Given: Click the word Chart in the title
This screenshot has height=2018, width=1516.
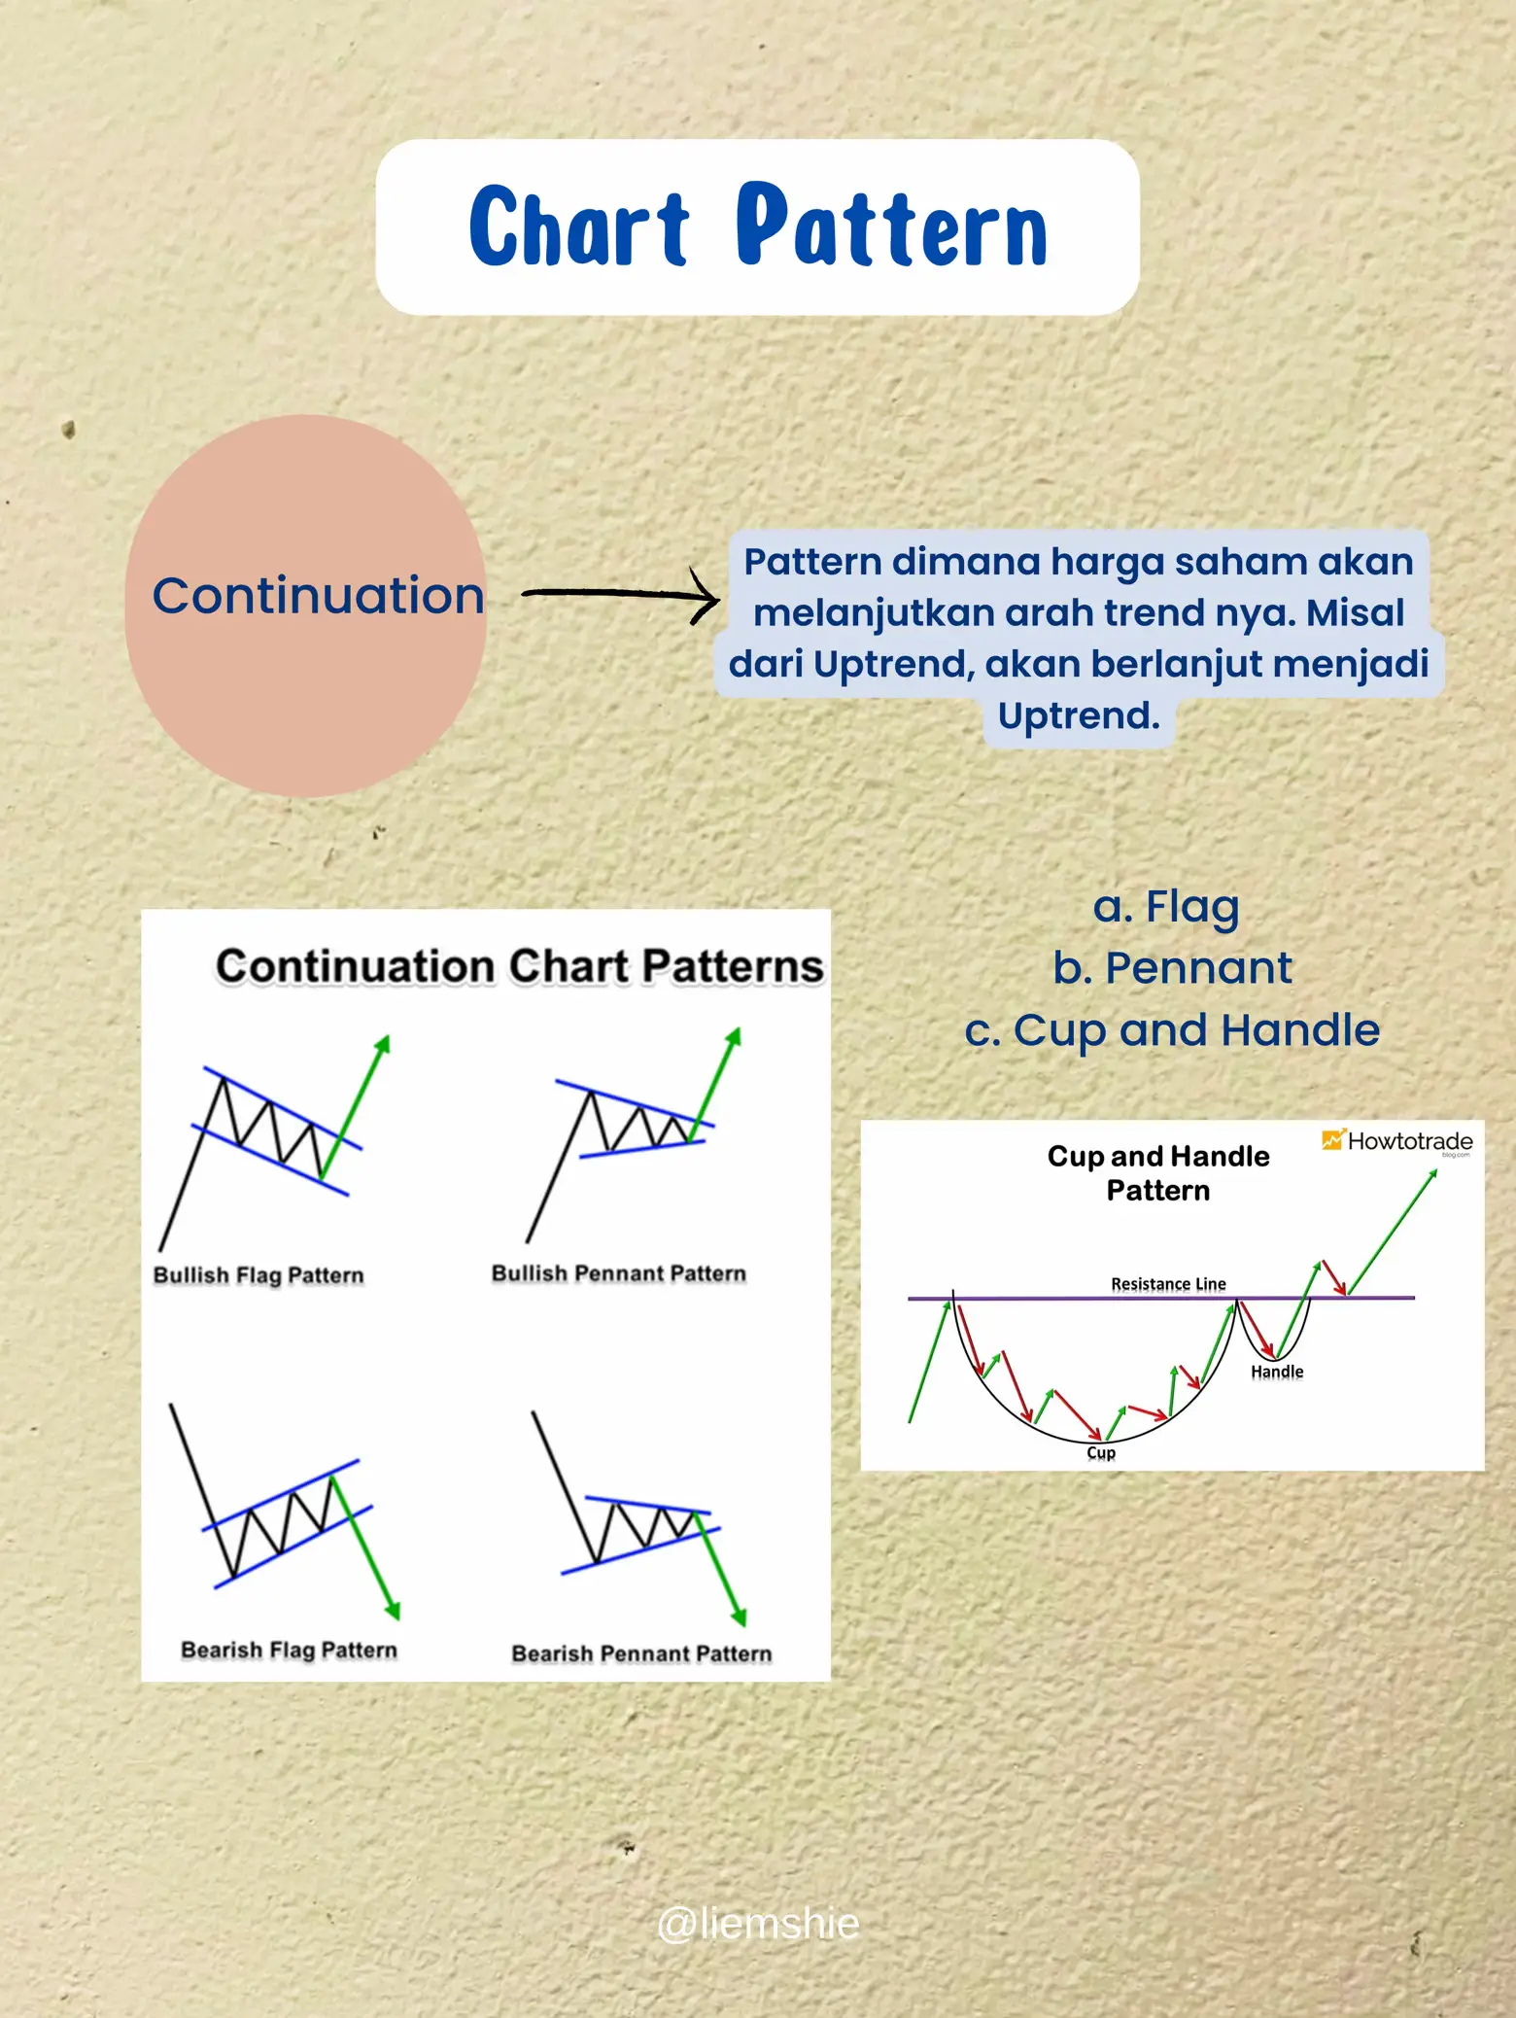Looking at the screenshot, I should pyautogui.click(x=579, y=226).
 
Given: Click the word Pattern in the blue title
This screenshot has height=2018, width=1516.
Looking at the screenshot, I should pyautogui.click(x=892, y=226).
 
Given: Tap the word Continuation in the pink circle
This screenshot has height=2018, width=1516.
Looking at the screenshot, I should pyautogui.click(x=318, y=595).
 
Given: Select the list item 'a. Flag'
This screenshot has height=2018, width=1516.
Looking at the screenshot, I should pyautogui.click(x=1166, y=906).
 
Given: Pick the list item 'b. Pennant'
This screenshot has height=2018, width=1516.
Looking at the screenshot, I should pyautogui.click(x=1172, y=968).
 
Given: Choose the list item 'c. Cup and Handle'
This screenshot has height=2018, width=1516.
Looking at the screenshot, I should pyautogui.click(x=1172, y=1030).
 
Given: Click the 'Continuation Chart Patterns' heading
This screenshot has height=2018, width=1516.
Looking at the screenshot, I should pyautogui.click(x=519, y=966).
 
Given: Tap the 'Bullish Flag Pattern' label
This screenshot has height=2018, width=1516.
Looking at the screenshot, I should pyautogui.click(x=258, y=1275).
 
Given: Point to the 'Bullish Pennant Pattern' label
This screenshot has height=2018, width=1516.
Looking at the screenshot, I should pyautogui.click(x=619, y=1273).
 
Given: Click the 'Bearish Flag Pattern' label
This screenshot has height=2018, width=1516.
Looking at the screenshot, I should pyautogui.click(x=289, y=1650).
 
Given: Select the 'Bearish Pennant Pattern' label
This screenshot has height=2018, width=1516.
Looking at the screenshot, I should pyautogui.click(x=641, y=1653).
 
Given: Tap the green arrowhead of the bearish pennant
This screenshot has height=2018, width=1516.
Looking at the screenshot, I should pyautogui.click(x=740, y=1617).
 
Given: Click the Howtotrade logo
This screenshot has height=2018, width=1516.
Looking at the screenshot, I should pyautogui.click(x=1397, y=1141).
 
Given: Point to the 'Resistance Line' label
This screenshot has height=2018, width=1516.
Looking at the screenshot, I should pyautogui.click(x=1168, y=1284).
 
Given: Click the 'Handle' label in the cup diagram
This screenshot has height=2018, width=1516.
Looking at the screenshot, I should pyautogui.click(x=1277, y=1372).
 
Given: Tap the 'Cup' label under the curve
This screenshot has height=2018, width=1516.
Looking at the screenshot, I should pyautogui.click(x=1101, y=1452).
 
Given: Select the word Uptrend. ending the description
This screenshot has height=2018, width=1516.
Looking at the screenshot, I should pyautogui.click(x=1079, y=716).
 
